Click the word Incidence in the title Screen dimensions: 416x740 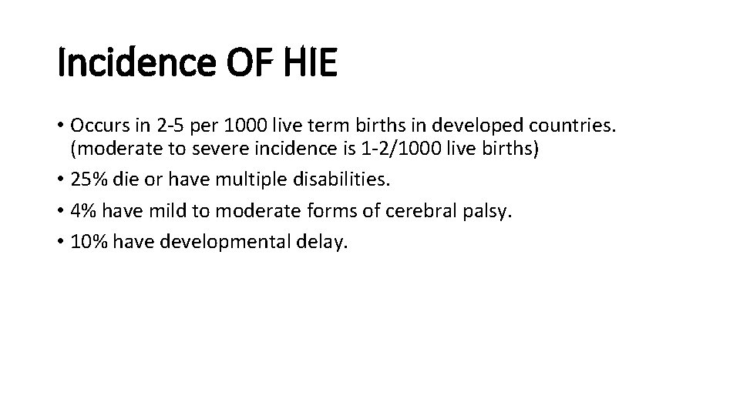(133, 64)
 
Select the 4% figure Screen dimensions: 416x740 (84, 211)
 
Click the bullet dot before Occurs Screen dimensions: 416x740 (60, 125)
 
